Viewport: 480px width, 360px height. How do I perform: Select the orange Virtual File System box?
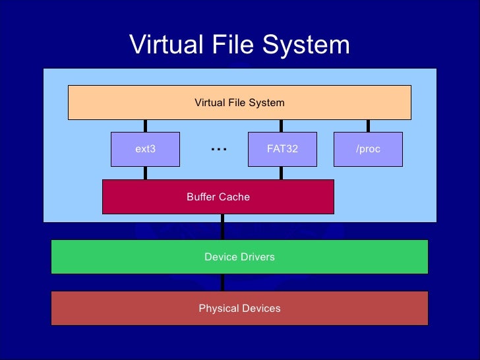coord(239,102)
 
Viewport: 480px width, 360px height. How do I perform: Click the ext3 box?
coord(145,149)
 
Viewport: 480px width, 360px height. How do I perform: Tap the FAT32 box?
coord(282,149)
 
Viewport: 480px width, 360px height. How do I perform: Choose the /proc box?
coord(368,149)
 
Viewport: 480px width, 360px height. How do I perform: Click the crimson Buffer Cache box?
coord(218,196)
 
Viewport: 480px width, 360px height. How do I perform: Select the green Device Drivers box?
coord(239,256)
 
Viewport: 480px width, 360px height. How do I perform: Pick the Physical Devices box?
coord(239,308)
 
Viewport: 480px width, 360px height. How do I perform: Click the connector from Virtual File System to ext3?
coord(145,126)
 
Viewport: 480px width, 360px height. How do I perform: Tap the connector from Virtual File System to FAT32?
coord(282,126)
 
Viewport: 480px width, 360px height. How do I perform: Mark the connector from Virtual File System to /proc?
coord(368,126)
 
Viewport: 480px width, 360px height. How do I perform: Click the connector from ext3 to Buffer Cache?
coord(145,173)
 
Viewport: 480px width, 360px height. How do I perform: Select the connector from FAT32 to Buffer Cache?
coord(282,173)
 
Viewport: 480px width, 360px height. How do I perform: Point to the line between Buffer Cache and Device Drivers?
coord(223,226)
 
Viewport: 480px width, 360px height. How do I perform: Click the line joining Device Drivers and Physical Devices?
coord(223,282)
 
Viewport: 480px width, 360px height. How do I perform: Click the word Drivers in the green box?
coord(258,256)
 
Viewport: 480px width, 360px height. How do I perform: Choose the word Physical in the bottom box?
coord(218,308)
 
